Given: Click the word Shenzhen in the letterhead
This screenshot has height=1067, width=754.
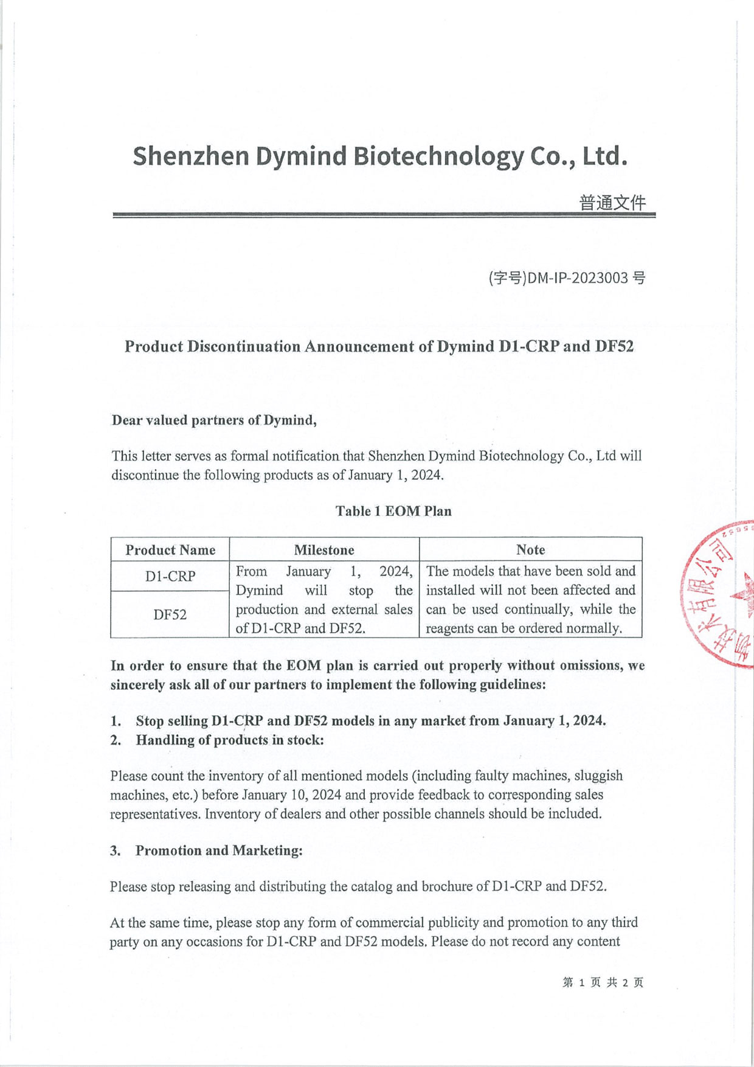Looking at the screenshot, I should click(x=191, y=156).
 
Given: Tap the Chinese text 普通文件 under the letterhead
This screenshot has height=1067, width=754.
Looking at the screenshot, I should click(x=612, y=203).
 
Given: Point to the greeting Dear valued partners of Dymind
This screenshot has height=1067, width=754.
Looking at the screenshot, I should click(x=214, y=420).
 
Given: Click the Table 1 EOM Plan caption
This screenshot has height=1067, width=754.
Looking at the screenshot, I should click(x=393, y=511).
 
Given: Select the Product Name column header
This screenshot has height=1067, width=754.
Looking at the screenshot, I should click(x=170, y=550).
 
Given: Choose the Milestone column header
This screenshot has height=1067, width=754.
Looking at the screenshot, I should click(x=324, y=550).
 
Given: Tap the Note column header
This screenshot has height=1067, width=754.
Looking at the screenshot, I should click(x=530, y=550).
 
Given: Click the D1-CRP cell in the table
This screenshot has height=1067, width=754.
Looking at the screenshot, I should click(x=170, y=576).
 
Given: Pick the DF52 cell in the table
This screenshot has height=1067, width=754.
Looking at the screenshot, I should click(x=170, y=614).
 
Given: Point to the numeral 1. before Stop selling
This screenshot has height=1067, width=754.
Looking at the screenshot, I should click(x=116, y=721).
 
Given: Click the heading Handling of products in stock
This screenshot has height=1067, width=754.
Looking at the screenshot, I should click(x=230, y=740).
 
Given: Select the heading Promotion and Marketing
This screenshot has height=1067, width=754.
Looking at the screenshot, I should click(x=219, y=850).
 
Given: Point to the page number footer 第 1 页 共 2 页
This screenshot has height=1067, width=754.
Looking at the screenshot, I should click(x=603, y=982).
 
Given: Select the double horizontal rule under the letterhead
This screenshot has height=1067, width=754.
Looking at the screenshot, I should click(x=384, y=215).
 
